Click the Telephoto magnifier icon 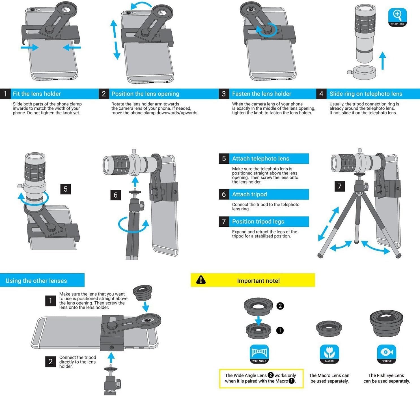(397, 17)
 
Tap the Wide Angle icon (259, 354)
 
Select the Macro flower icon (329, 354)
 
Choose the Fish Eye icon (386, 354)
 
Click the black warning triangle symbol (201, 280)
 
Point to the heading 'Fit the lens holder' (37, 94)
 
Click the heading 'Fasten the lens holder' (262, 94)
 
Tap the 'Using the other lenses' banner (36, 281)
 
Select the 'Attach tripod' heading (249, 194)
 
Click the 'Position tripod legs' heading (258, 222)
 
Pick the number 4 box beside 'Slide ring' (321, 94)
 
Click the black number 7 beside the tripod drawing (340, 186)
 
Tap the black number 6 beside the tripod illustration (115, 195)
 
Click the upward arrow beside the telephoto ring (382, 60)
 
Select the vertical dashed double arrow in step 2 (115, 40)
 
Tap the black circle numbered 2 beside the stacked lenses (280, 306)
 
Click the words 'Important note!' (258, 281)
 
